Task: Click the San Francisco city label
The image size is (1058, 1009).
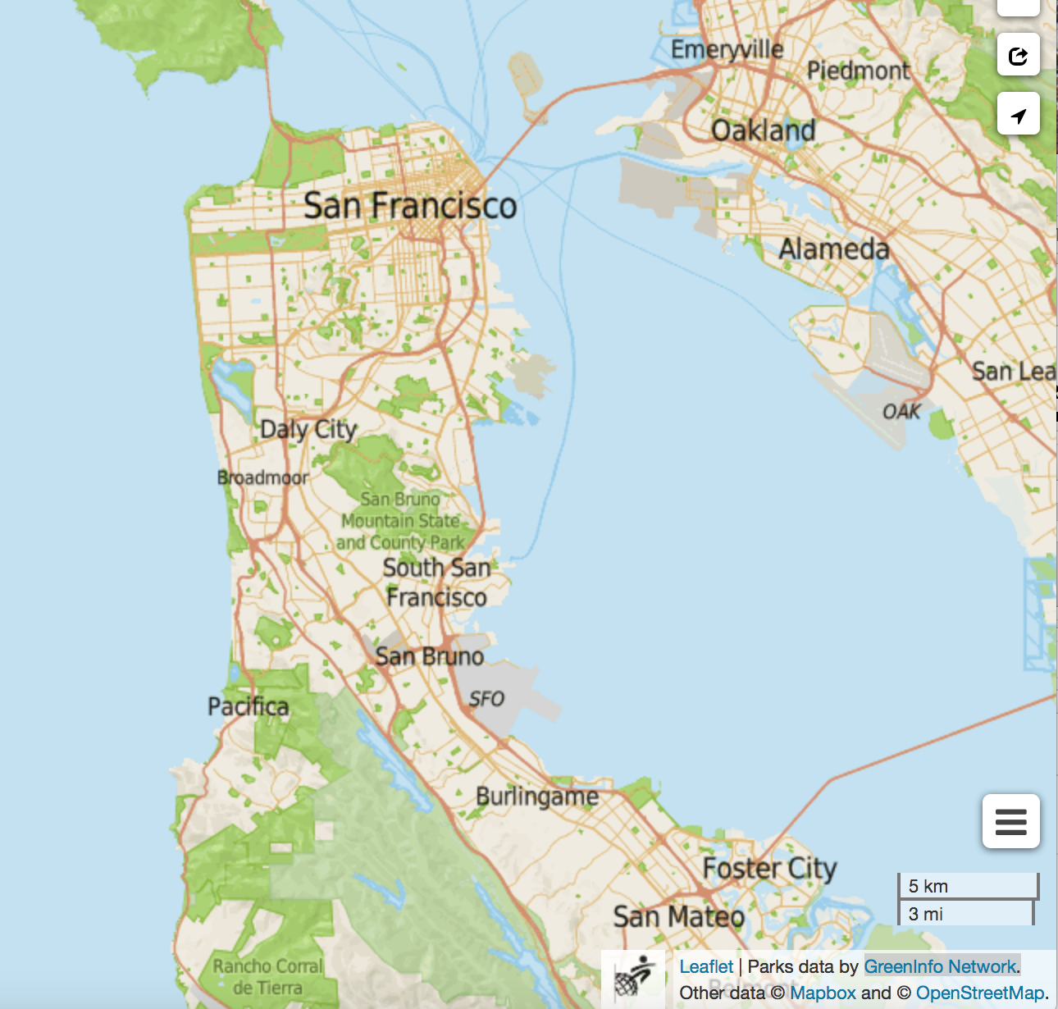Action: point(410,205)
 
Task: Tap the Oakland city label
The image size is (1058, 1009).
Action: point(763,130)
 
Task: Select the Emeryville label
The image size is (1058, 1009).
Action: point(727,50)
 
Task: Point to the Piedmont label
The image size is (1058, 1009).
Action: point(858,71)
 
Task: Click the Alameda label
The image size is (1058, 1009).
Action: point(833,249)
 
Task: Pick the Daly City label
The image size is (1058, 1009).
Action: point(308,429)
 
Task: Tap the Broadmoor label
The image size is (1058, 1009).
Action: point(262,477)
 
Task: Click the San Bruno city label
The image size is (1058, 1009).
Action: point(429,656)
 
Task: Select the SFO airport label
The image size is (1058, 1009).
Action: point(486,699)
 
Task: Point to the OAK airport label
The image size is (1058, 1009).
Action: point(901,412)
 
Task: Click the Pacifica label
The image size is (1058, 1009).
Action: point(248,706)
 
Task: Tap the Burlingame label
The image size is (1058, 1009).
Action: point(537,797)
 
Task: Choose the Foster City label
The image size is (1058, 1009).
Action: point(769,868)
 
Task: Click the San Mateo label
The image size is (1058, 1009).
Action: point(678,916)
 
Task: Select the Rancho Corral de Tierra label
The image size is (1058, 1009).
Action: point(268,977)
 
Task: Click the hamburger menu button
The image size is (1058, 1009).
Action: point(1010,821)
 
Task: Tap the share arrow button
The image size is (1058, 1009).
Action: point(1018,56)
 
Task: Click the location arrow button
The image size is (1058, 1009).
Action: point(1018,115)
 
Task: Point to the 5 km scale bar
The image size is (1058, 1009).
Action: point(968,886)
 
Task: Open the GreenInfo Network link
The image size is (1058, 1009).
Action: point(940,966)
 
